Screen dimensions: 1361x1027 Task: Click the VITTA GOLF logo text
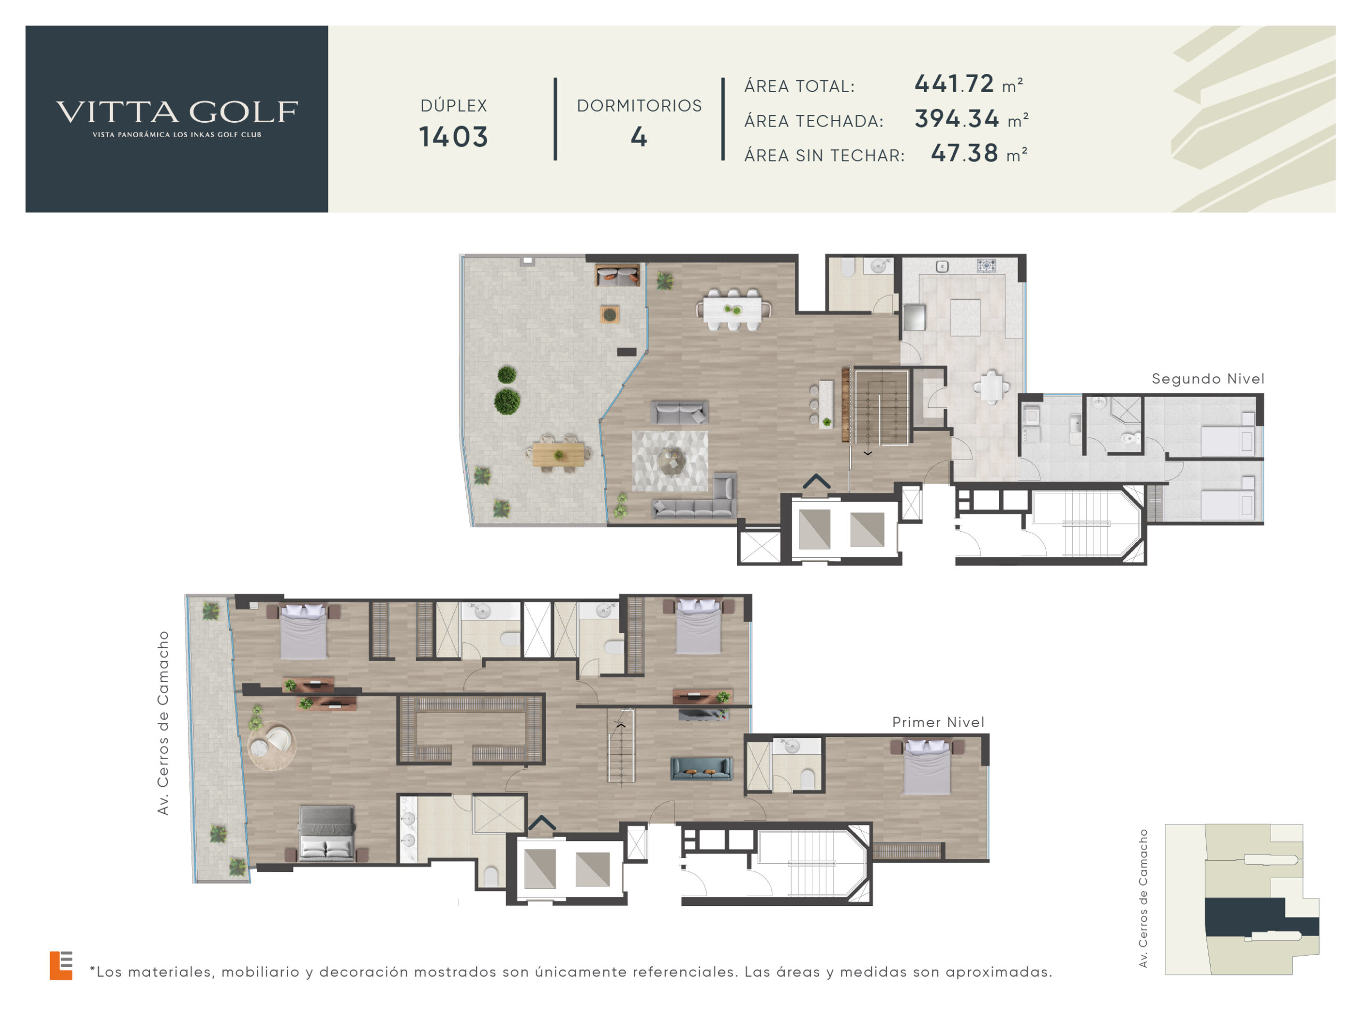[x=177, y=112]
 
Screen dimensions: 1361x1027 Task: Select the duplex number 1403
[x=453, y=137]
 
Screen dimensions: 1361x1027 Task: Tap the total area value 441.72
[x=954, y=83]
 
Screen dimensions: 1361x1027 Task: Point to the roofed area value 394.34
[x=957, y=119]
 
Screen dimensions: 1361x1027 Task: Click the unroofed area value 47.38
[x=964, y=153]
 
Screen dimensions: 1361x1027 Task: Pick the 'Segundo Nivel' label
[x=1208, y=379]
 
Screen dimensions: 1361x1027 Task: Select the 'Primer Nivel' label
[x=938, y=722]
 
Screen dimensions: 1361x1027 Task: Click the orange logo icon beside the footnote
[x=61, y=965]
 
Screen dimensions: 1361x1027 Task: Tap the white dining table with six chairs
[x=734, y=309]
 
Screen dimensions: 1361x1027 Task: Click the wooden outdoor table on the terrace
[x=558, y=454]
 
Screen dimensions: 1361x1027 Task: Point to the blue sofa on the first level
[x=701, y=769]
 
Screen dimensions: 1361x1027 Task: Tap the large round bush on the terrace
[x=507, y=401]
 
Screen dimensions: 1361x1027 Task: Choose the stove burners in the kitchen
[x=986, y=266]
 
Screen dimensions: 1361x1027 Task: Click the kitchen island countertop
[x=965, y=317]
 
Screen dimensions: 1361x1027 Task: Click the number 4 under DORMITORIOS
[x=639, y=137]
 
